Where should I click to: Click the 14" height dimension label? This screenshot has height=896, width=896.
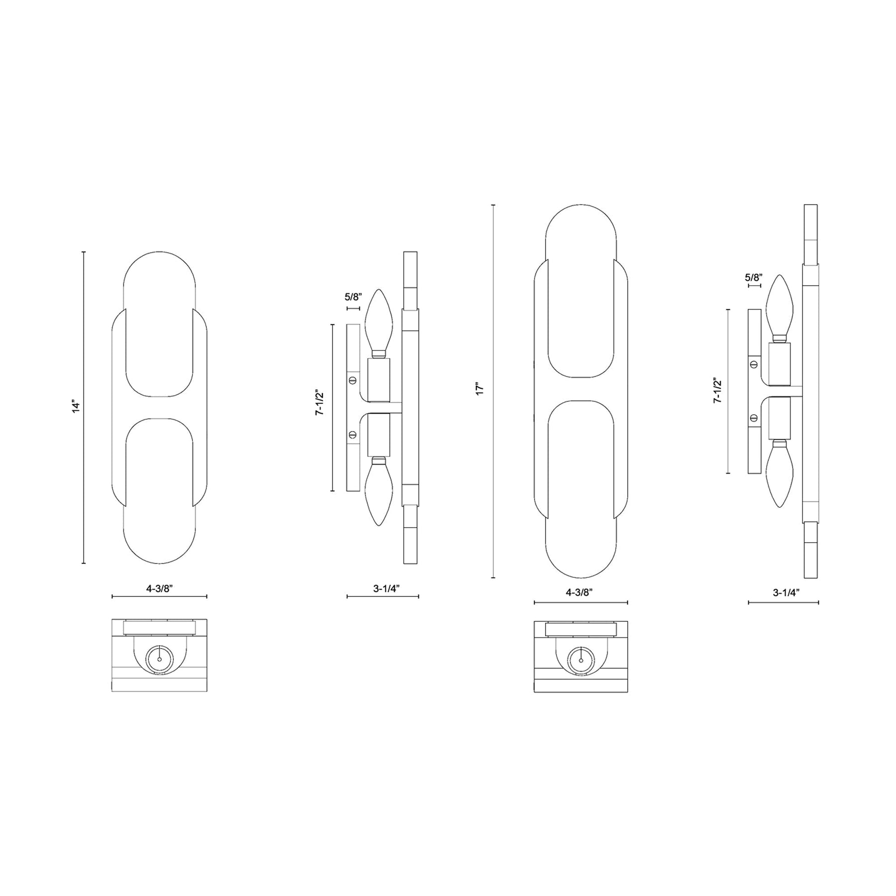click(x=76, y=406)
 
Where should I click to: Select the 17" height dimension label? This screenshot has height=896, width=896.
click(x=480, y=389)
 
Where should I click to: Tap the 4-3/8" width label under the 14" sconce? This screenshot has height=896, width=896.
click(x=159, y=588)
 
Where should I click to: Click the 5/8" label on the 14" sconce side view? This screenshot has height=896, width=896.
click(x=353, y=298)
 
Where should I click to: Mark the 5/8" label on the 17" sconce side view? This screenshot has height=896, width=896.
click(x=754, y=278)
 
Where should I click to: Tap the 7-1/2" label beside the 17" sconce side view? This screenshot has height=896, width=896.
click(x=717, y=391)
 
